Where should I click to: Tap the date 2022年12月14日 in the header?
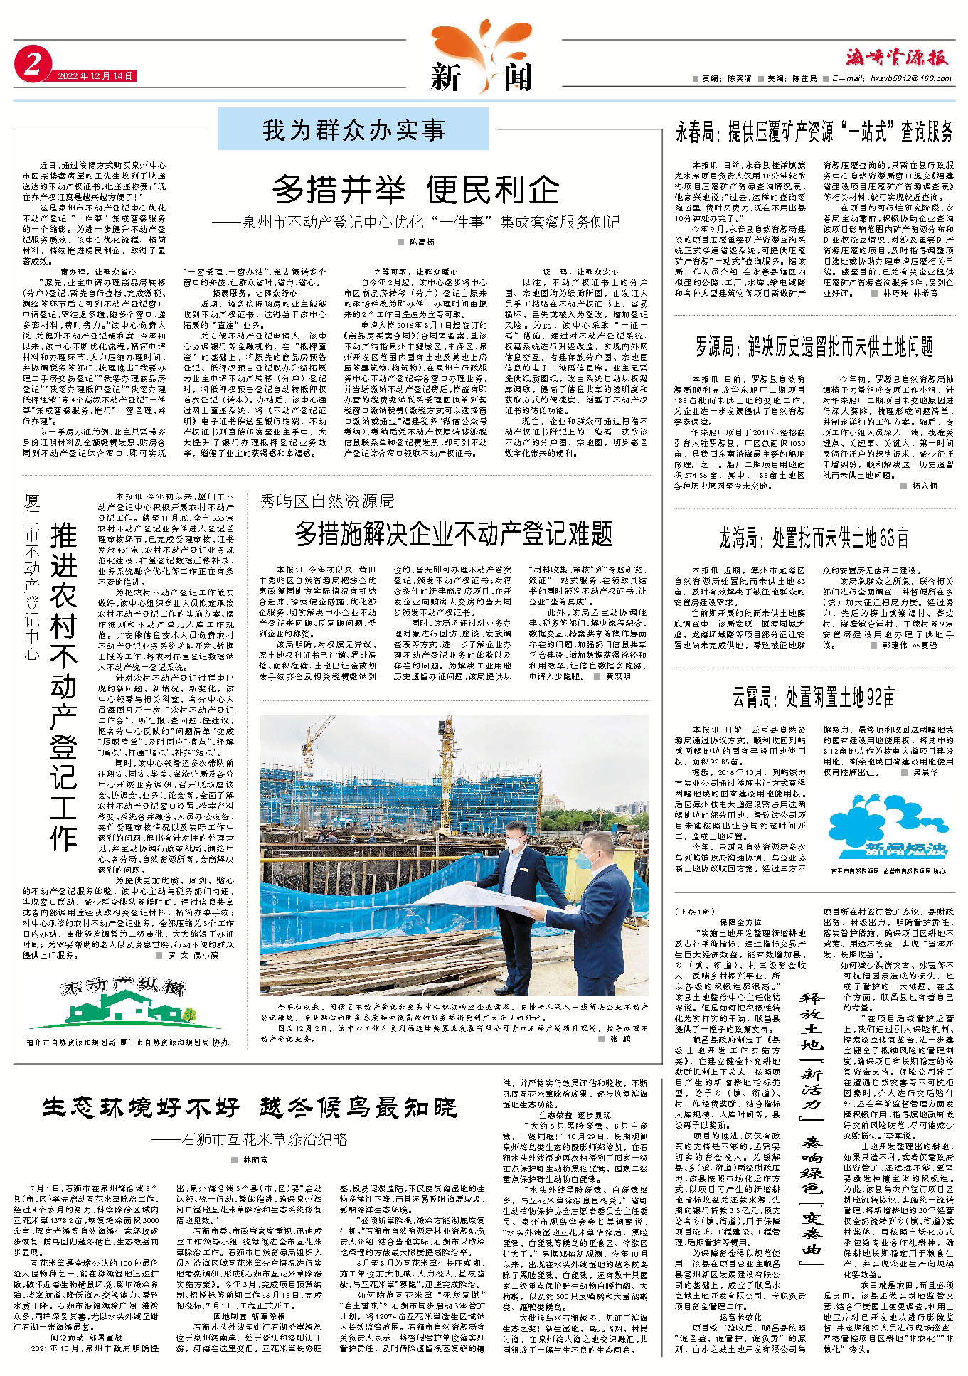pos(96,76)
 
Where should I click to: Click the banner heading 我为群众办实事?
pos(353,129)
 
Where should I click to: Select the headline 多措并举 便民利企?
pos(416,189)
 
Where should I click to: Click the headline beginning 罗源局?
pos(814,347)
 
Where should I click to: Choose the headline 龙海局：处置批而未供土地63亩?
pos(814,538)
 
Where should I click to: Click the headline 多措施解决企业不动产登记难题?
pos(454,533)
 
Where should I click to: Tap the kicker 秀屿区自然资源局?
pos(326,501)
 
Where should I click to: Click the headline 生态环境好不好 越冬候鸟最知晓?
pos(250,1107)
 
